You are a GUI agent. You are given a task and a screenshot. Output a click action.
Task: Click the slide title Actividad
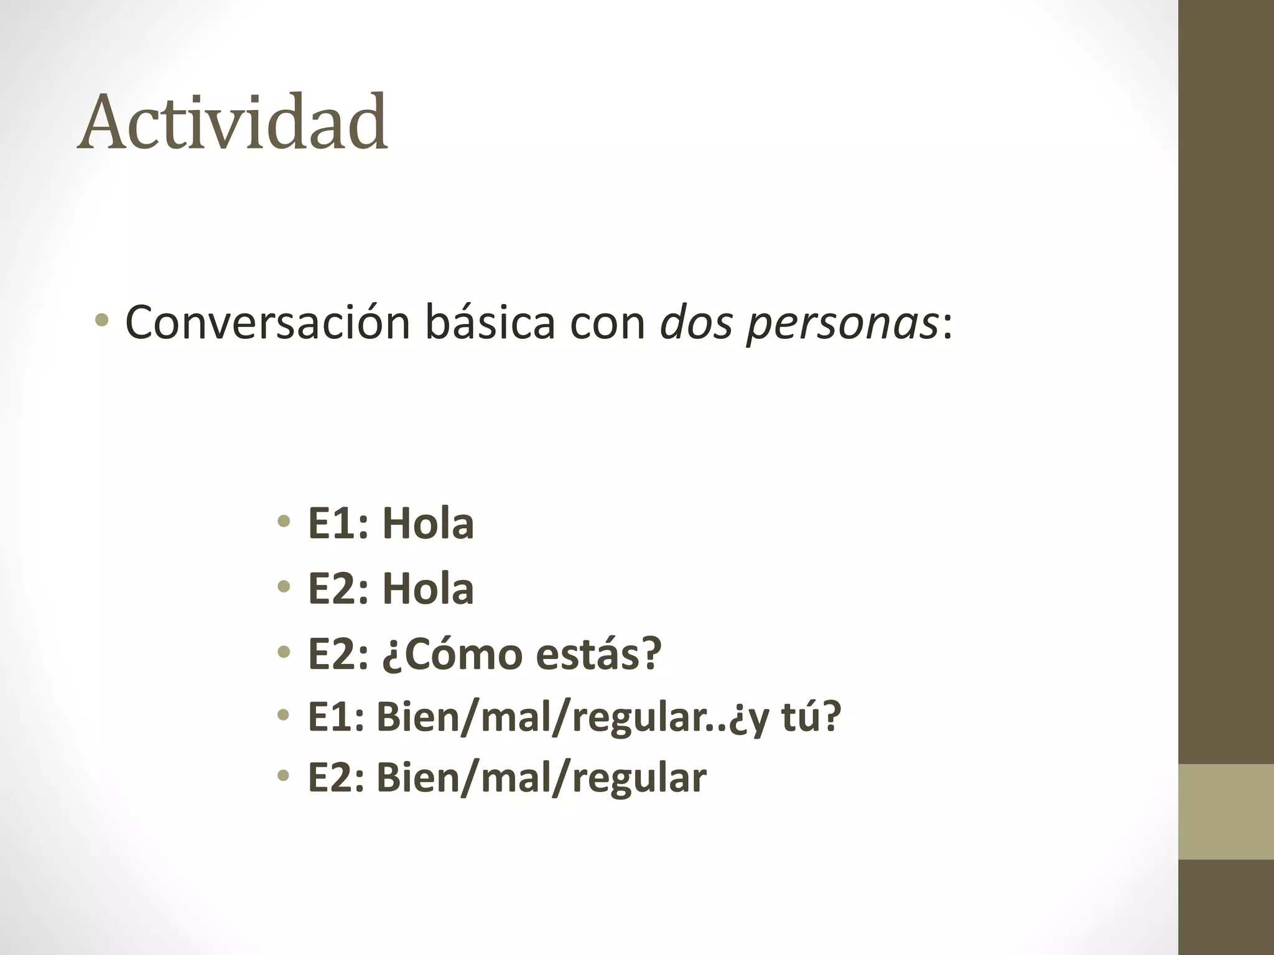pos(233,122)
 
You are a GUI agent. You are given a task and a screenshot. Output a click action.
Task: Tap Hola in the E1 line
pos(428,523)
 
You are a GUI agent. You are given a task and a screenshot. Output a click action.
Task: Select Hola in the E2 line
pos(428,588)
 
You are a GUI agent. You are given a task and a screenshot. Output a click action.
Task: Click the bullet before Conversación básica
pos(102,321)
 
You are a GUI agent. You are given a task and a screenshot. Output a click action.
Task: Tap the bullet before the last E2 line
pos(284,775)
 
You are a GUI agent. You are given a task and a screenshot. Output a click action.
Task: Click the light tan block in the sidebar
pos(1226,811)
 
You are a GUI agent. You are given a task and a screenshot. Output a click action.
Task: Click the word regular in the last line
pos(639,778)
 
